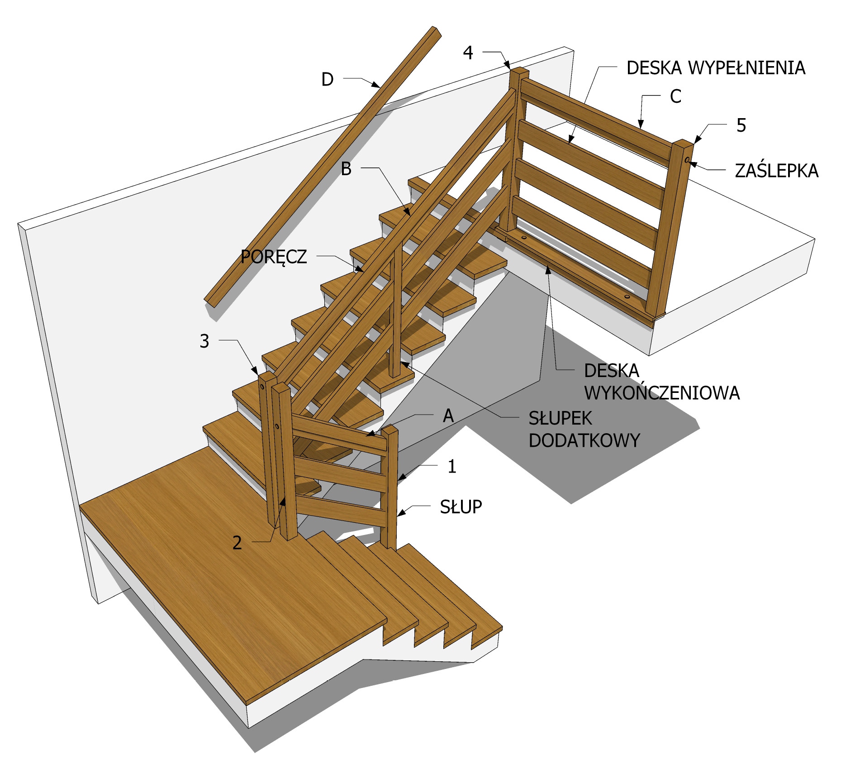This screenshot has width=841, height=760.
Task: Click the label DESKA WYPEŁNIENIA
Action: (715, 68)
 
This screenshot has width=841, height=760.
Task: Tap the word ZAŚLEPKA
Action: (776, 171)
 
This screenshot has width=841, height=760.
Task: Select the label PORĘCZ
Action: (274, 257)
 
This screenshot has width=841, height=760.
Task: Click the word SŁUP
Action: (461, 507)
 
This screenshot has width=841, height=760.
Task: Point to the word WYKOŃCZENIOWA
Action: (661, 392)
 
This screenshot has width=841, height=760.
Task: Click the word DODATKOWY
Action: (584, 440)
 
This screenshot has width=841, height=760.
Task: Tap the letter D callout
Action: (327, 79)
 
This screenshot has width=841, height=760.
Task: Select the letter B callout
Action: (346, 169)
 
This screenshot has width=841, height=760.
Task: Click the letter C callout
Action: (675, 96)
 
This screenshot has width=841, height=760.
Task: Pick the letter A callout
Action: (448, 416)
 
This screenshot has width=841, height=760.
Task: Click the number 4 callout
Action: (468, 53)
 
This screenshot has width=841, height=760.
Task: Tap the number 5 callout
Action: (741, 125)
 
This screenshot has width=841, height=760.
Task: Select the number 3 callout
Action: (204, 341)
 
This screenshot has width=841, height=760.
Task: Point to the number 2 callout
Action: (237, 543)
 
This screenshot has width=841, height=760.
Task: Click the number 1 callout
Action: (451, 466)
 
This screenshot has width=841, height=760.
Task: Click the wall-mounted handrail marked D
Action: (317, 172)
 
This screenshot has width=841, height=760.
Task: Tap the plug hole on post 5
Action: (686, 160)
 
